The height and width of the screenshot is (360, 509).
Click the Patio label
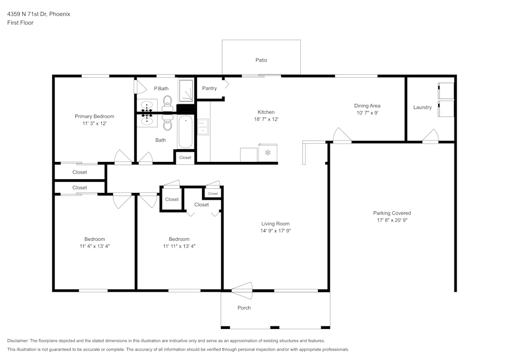[x=261, y=60]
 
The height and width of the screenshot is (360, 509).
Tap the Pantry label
[x=209, y=88]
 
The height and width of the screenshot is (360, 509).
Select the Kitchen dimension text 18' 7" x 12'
[x=266, y=119]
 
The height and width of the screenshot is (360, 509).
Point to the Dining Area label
[x=367, y=106]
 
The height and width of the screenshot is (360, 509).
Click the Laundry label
[x=422, y=107]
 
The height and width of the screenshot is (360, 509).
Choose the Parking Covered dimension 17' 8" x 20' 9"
[x=392, y=220]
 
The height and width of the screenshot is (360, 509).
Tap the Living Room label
[x=275, y=224]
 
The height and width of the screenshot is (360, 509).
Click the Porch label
[x=244, y=308]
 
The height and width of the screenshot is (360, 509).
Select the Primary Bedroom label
[x=94, y=116]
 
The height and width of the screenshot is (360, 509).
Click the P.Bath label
[x=161, y=89]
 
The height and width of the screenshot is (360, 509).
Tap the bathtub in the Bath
[x=186, y=132]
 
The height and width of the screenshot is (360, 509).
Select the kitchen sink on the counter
[x=203, y=127]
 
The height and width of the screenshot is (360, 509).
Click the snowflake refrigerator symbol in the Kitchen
[x=268, y=153]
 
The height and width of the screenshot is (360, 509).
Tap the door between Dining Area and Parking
[x=342, y=136]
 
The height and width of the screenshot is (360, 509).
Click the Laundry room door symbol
[x=430, y=136]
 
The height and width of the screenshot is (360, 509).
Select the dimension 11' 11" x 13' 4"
[x=179, y=246]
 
